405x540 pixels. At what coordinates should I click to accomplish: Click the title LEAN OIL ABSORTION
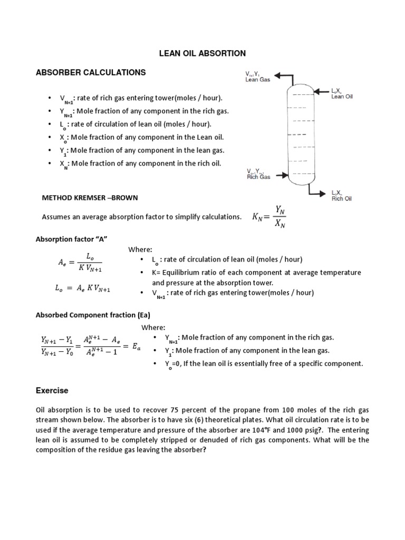203,53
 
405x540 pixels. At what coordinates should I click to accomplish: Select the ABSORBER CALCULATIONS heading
90,72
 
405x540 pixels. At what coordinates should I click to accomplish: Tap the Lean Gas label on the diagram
258,80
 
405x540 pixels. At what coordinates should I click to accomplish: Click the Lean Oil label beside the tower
342,96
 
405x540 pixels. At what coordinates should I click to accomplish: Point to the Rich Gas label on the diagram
258,177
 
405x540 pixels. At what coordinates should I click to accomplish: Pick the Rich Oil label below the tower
342,198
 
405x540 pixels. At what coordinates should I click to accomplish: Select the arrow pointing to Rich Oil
322,194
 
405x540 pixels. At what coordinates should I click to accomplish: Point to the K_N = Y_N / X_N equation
269,217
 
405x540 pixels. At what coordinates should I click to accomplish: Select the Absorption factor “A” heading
71,239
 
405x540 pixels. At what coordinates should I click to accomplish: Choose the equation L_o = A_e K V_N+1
82,288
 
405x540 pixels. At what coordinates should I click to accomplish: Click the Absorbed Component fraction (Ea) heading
93,315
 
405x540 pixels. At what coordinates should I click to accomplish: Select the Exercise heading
52,391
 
